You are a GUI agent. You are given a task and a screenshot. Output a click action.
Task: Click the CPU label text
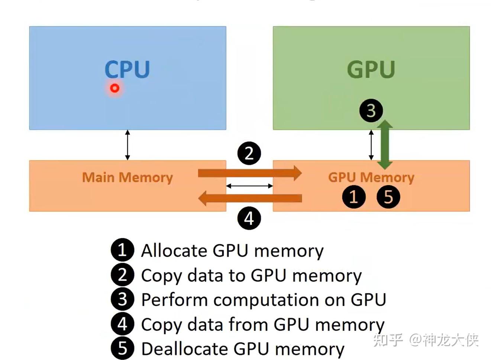[x=127, y=69]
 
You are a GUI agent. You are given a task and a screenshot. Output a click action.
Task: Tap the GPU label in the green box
[x=371, y=69]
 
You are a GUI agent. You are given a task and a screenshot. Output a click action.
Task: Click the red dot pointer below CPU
[x=115, y=88]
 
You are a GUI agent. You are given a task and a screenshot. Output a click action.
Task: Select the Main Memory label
[x=127, y=178]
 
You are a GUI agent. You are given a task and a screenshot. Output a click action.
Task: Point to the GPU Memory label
[x=371, y=178]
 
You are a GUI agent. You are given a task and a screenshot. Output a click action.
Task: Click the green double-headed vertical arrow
[x=385, y=145]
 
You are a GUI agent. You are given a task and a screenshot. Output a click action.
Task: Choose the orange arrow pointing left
[x=250, y=198]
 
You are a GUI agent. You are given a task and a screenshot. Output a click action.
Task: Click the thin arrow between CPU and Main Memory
[x=127, y=145]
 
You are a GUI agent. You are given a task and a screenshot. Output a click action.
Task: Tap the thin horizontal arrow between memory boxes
[x=249, y=186]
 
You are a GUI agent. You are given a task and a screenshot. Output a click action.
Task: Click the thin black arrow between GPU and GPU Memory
[x=371, y=145]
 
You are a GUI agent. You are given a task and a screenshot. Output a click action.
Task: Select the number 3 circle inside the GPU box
[x=371, y=111]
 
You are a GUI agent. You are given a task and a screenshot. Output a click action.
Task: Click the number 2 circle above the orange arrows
[x=249, y=153]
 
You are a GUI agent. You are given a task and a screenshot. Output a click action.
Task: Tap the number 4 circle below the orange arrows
[x=249, y=218]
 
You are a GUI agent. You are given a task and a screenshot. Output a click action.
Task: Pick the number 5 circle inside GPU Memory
[x=388, y=197]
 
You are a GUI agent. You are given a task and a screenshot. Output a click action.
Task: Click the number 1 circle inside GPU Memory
[x=353, y=197]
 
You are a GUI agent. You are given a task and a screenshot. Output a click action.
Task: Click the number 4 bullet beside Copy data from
[x=122, y=324]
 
